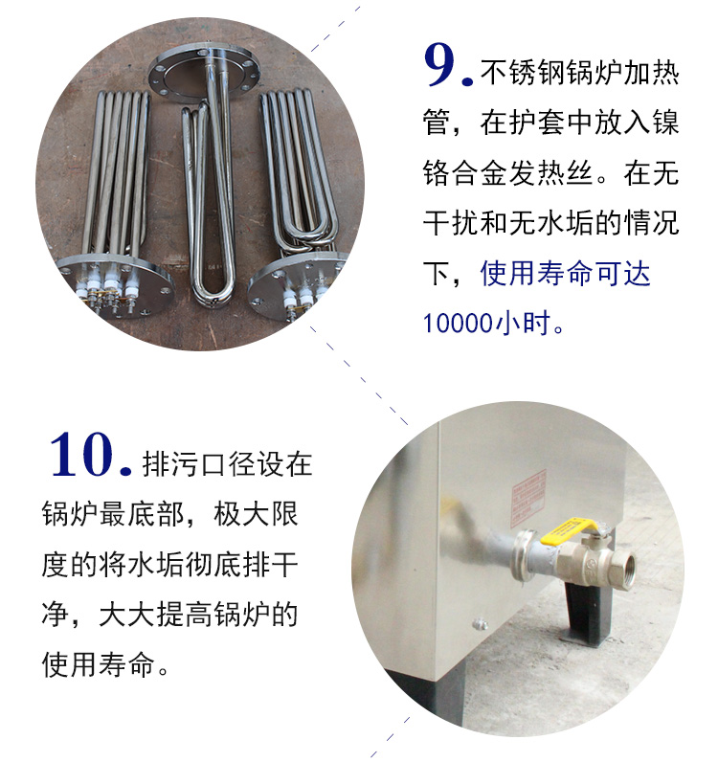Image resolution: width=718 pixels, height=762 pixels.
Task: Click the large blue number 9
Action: coord(440,65)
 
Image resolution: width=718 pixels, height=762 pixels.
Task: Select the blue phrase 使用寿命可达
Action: coord(565,273)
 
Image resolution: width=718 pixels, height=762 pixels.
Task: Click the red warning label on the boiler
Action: coord(528,498)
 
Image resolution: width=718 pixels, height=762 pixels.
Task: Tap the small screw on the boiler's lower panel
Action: coord(481,624)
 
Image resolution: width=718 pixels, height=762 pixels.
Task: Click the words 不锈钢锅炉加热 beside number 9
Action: coord(579,73)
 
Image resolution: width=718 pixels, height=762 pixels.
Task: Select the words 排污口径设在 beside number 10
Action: coord(227,464)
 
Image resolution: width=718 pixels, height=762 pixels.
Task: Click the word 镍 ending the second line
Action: coord(665,123)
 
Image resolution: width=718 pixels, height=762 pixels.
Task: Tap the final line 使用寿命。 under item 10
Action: coord(105,664)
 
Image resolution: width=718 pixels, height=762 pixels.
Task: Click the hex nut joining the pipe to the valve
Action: coord(524,556)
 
